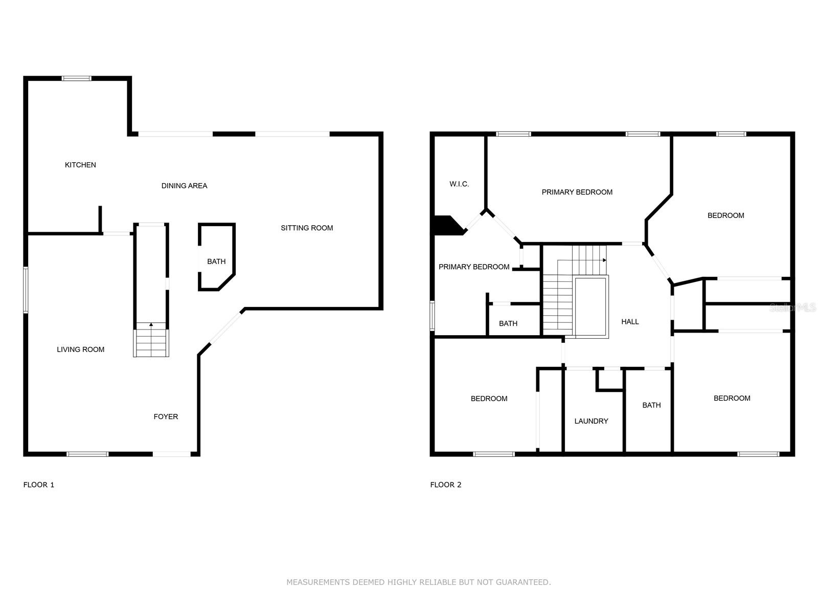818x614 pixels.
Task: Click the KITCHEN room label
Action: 80,165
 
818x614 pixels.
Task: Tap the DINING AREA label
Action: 184,186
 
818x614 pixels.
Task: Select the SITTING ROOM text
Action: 307,228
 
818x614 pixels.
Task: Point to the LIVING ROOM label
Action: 80,349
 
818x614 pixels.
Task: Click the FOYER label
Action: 166,416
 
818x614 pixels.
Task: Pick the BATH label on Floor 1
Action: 216,261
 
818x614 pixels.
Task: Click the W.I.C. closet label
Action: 459,184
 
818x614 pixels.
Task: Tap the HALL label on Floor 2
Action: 630,321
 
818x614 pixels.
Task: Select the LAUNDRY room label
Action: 591,421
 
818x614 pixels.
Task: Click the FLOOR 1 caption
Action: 39,485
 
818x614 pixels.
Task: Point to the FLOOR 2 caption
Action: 446,485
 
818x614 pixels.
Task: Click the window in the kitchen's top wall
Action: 76,78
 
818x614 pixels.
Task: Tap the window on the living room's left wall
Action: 26,290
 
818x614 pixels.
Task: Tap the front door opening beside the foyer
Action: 172,454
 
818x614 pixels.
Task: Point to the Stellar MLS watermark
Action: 792,308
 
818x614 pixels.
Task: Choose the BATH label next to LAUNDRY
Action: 651,405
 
